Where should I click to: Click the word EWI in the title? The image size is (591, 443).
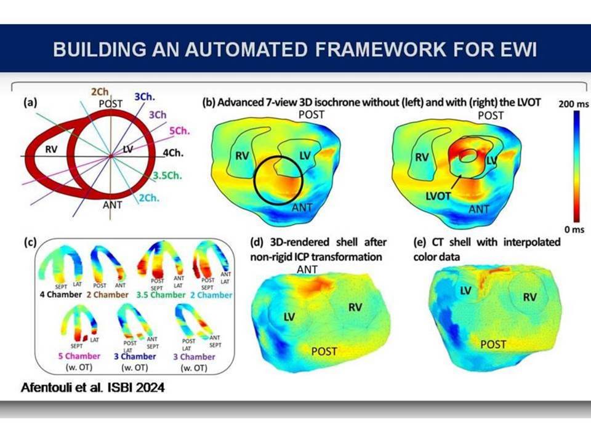point(520,49)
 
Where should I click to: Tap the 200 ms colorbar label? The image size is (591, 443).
point(573,104)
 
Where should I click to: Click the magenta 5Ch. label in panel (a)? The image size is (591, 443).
point(179,130)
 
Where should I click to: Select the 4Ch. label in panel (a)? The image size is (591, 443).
point(173,153)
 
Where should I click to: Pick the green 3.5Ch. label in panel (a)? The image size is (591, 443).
point(167,175)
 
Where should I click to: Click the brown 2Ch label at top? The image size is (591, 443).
point(100,92)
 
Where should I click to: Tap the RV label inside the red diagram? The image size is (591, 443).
point(51,150)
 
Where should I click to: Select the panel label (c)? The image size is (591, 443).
point(30,242)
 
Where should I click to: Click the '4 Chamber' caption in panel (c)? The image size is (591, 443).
point(61,295)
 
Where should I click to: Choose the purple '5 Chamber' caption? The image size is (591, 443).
point(79,356)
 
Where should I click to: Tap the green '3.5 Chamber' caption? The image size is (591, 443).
point(161,295)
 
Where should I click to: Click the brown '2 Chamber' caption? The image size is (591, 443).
point(107,295)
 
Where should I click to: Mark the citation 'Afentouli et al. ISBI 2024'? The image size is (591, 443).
point(93,388)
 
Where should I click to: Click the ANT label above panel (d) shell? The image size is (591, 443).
point(307,269)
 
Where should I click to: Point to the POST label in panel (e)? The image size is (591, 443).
point(493,345)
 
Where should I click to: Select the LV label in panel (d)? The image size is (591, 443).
point(289,317)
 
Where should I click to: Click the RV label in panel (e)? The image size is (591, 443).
point(529,297)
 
